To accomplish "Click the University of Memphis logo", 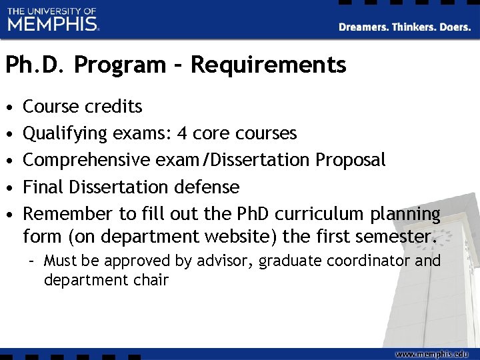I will (53, 20).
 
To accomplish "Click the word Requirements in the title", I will (268, 65).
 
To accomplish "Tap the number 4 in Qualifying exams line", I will (182, 133).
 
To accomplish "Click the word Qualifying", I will (65, 134).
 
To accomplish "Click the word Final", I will (41, 187).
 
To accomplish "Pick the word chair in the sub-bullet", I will (151, 279).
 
